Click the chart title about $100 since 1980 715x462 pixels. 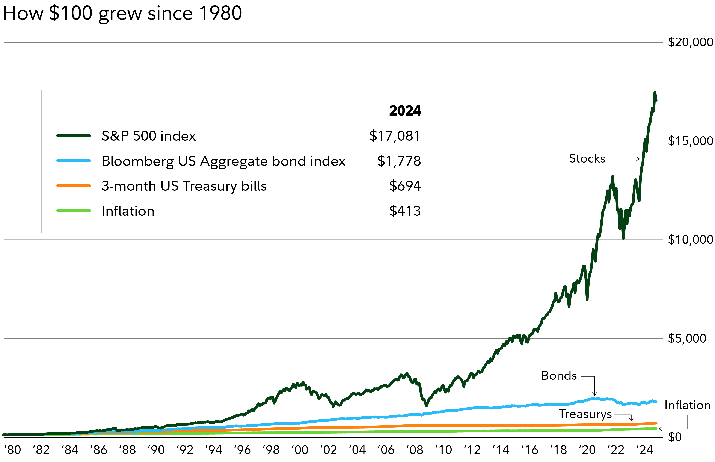(122, 13)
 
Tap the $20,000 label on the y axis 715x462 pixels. (690, 42)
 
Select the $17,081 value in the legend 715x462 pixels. (395, 136)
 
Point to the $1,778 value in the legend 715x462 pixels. (399, 161)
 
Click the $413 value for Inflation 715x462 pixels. (405, 211)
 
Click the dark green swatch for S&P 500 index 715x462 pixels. (74, 136)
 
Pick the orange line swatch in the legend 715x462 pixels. (74, 186)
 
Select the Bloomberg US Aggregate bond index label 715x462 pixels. (223, 161)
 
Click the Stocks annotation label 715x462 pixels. (587, 158)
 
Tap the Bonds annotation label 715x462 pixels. (559, 376)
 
